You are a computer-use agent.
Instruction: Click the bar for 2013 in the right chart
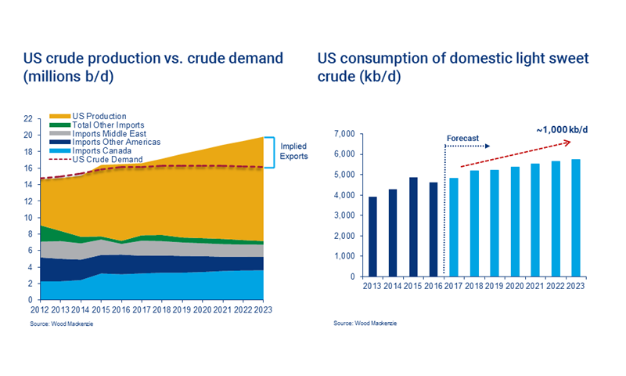click(373, 237)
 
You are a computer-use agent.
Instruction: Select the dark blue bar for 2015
click(414, 227)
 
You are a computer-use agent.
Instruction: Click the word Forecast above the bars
click(462, 138)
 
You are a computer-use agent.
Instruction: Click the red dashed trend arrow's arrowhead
click(579, 143)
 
